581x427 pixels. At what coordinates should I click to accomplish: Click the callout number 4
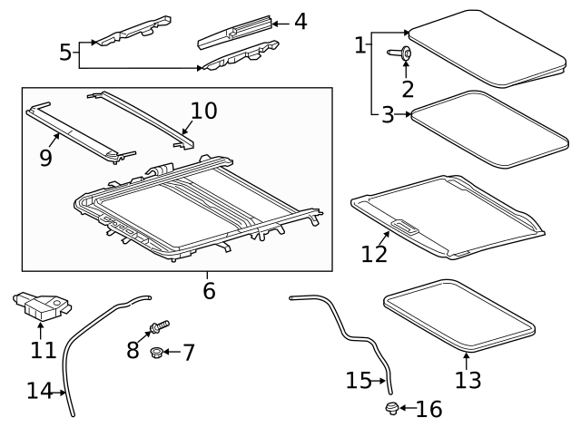coord(300,21)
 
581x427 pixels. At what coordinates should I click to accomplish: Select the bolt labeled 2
coord(403,55)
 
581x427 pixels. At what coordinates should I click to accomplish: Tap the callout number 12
coord(374,253)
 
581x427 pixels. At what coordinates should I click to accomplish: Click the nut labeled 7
coord(157,352)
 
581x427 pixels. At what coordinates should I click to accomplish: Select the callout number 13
coord(468,379)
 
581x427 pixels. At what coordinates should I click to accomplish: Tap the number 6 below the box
coord(209,291)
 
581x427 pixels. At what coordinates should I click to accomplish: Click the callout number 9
coord(45,158)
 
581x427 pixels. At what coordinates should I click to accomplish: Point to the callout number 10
coord(204,111)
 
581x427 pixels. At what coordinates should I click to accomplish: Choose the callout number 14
coord(40,391)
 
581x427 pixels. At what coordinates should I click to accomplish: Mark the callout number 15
coord(359,380)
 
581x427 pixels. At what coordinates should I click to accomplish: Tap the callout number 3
coord(387,115)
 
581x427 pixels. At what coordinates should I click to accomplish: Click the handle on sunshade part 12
coord(407,227)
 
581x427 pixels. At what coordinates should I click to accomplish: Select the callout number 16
coord(428,409)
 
